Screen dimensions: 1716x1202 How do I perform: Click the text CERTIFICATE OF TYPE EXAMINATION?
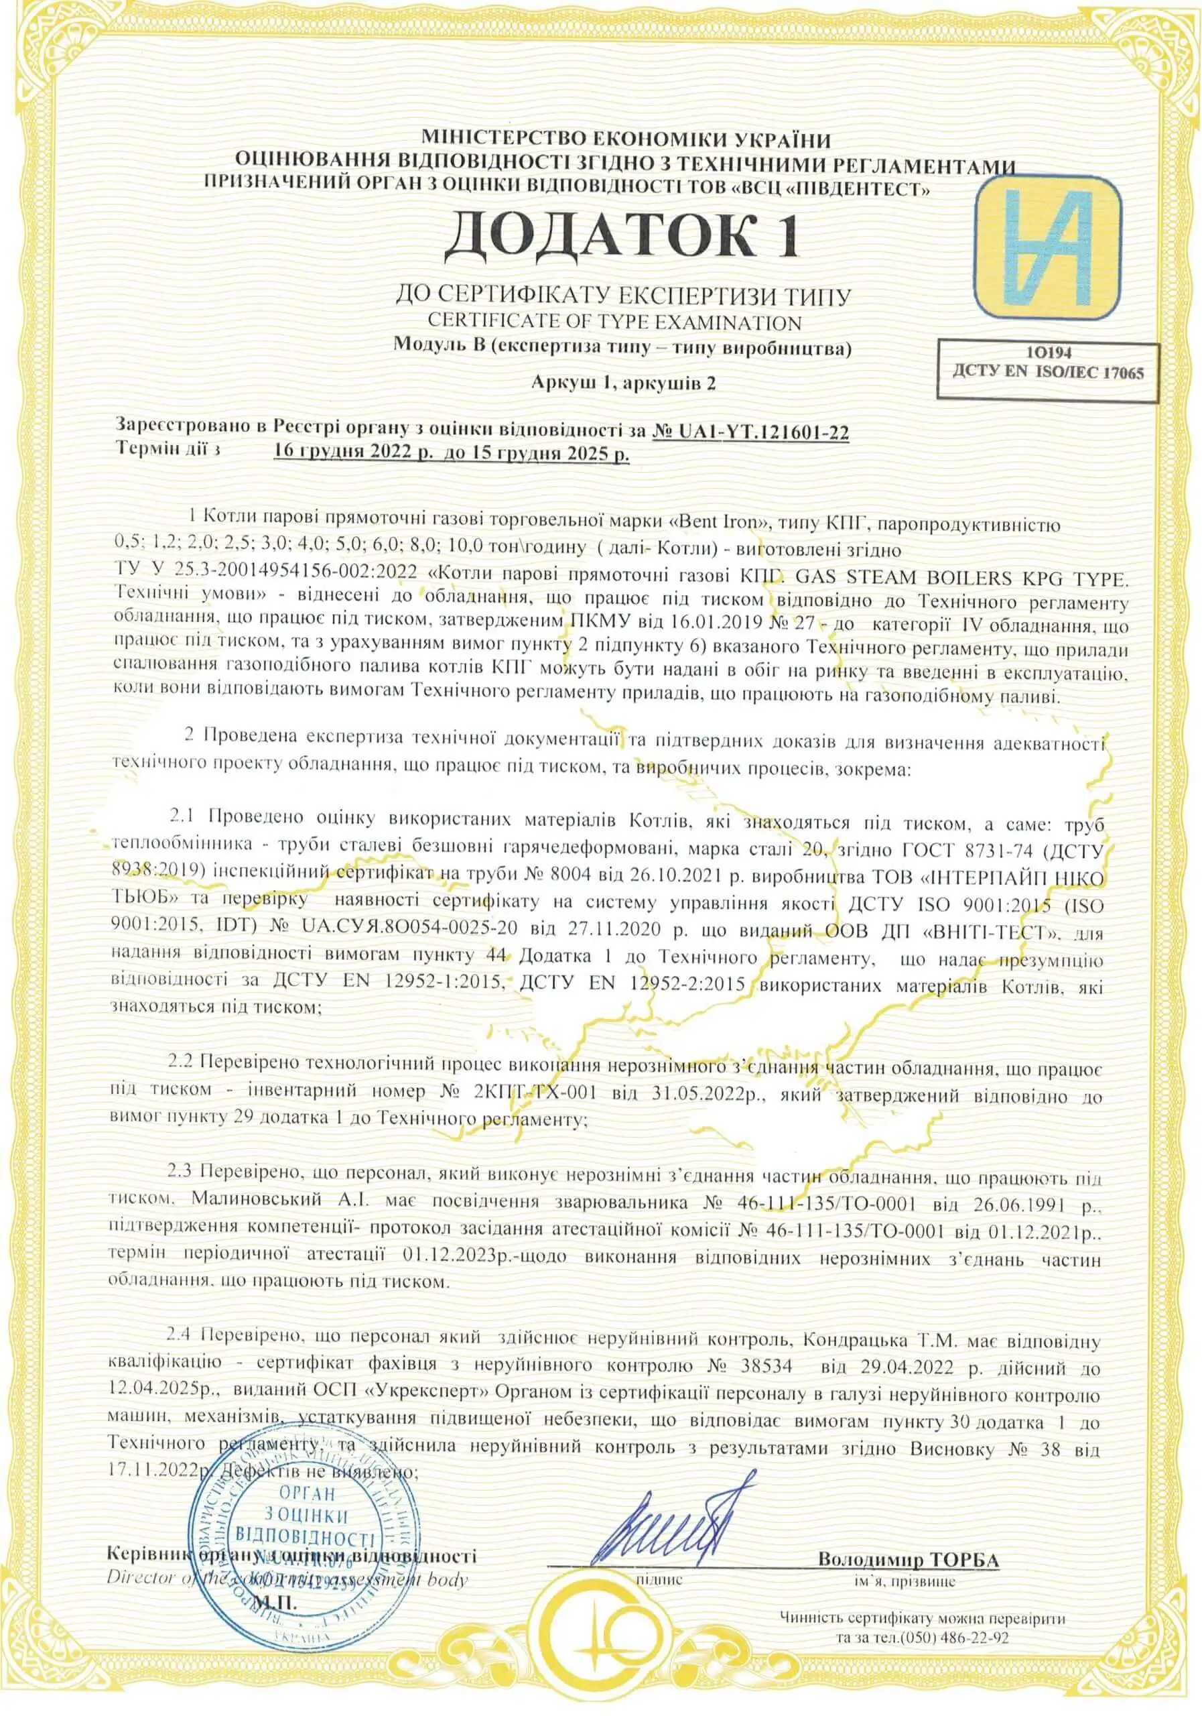coord(614,323)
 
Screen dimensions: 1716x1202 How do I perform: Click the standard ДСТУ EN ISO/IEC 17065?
coord(1048,372)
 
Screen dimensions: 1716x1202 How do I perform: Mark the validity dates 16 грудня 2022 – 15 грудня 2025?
coord(451,452)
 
